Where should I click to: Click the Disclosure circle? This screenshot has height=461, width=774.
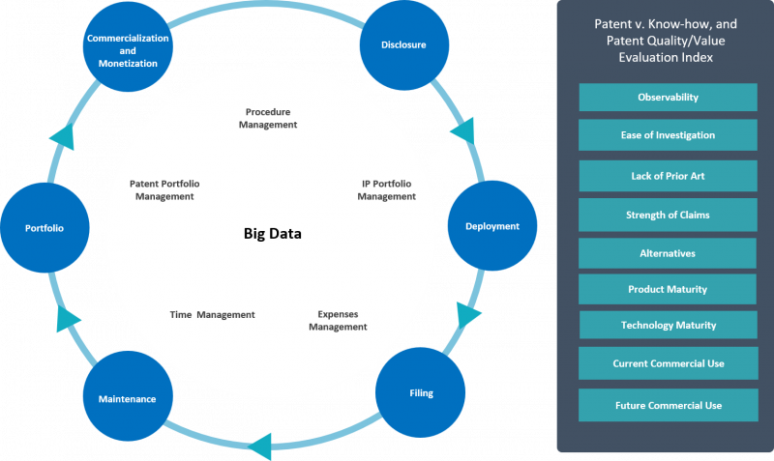pos(404,44)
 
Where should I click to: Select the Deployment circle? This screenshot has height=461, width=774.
pos(492,226)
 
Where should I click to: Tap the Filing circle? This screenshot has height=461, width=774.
pos(421,392)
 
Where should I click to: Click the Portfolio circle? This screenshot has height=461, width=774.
pos(45,228)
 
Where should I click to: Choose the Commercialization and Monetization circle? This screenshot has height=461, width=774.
pos(128,47)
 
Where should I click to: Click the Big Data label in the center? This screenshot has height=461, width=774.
pos(273,233)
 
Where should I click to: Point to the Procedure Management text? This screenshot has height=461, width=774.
pos(268,118)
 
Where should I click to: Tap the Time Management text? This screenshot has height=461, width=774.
pos(212,314)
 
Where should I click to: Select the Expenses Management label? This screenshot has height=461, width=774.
pos(338,321)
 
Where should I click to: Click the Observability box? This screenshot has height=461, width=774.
pos(668,98)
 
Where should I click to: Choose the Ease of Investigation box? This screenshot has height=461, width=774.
pos(668,135)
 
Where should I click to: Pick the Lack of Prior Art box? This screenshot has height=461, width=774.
pos(668,176)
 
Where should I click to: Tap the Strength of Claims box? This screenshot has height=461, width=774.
pos(668,215)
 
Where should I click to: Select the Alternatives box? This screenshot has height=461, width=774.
pos(668,253)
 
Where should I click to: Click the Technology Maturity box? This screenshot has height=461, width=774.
pos(669,325)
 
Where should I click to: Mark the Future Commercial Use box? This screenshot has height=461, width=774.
pos(669,405)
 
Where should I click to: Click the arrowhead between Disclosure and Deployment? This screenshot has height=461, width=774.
pos(464,131)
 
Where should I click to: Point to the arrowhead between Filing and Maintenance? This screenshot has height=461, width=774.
pos(260,447)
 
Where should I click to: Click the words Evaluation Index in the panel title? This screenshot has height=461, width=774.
pos(666,58)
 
